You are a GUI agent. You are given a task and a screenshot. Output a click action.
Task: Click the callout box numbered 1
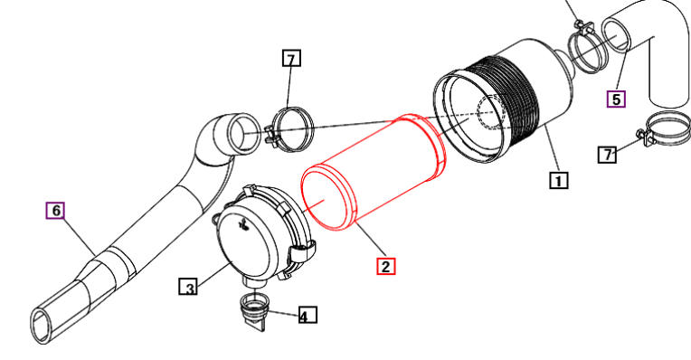558,180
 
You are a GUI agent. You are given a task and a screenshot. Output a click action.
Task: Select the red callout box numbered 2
385,266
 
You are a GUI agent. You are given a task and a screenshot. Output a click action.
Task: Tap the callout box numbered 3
188,287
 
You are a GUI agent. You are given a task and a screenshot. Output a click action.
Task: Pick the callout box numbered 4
308,315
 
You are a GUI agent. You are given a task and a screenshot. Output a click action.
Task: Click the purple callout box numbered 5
616,99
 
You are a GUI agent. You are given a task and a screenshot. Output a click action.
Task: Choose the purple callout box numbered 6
56,211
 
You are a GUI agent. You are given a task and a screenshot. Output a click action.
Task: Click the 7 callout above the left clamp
291,58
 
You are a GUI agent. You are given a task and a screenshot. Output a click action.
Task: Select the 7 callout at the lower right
607,155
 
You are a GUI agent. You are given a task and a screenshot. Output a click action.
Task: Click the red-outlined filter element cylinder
374,172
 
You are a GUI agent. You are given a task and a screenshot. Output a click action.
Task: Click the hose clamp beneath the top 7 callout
291,129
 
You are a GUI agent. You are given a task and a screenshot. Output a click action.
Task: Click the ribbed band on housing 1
503,98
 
